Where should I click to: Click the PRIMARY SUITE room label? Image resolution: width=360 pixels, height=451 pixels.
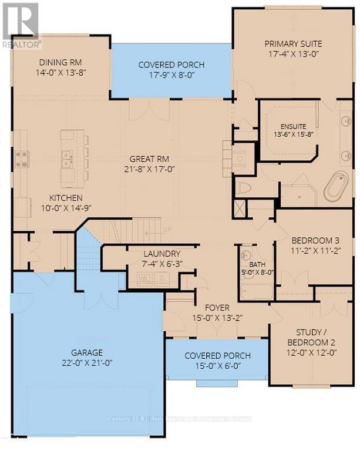point(292,44)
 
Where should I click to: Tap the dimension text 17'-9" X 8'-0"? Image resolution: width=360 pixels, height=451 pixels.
point(171,75)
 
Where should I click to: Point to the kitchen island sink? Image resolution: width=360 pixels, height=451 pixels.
point(66,158)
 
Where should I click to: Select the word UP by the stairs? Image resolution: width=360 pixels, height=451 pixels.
point(166,229)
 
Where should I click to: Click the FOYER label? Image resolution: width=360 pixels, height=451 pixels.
point(217,308)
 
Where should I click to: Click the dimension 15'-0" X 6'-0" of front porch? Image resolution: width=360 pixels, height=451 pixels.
point(217,366)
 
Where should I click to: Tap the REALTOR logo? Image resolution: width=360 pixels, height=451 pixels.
point(21,24)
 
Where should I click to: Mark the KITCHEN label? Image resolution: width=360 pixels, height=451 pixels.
point(66,198)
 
